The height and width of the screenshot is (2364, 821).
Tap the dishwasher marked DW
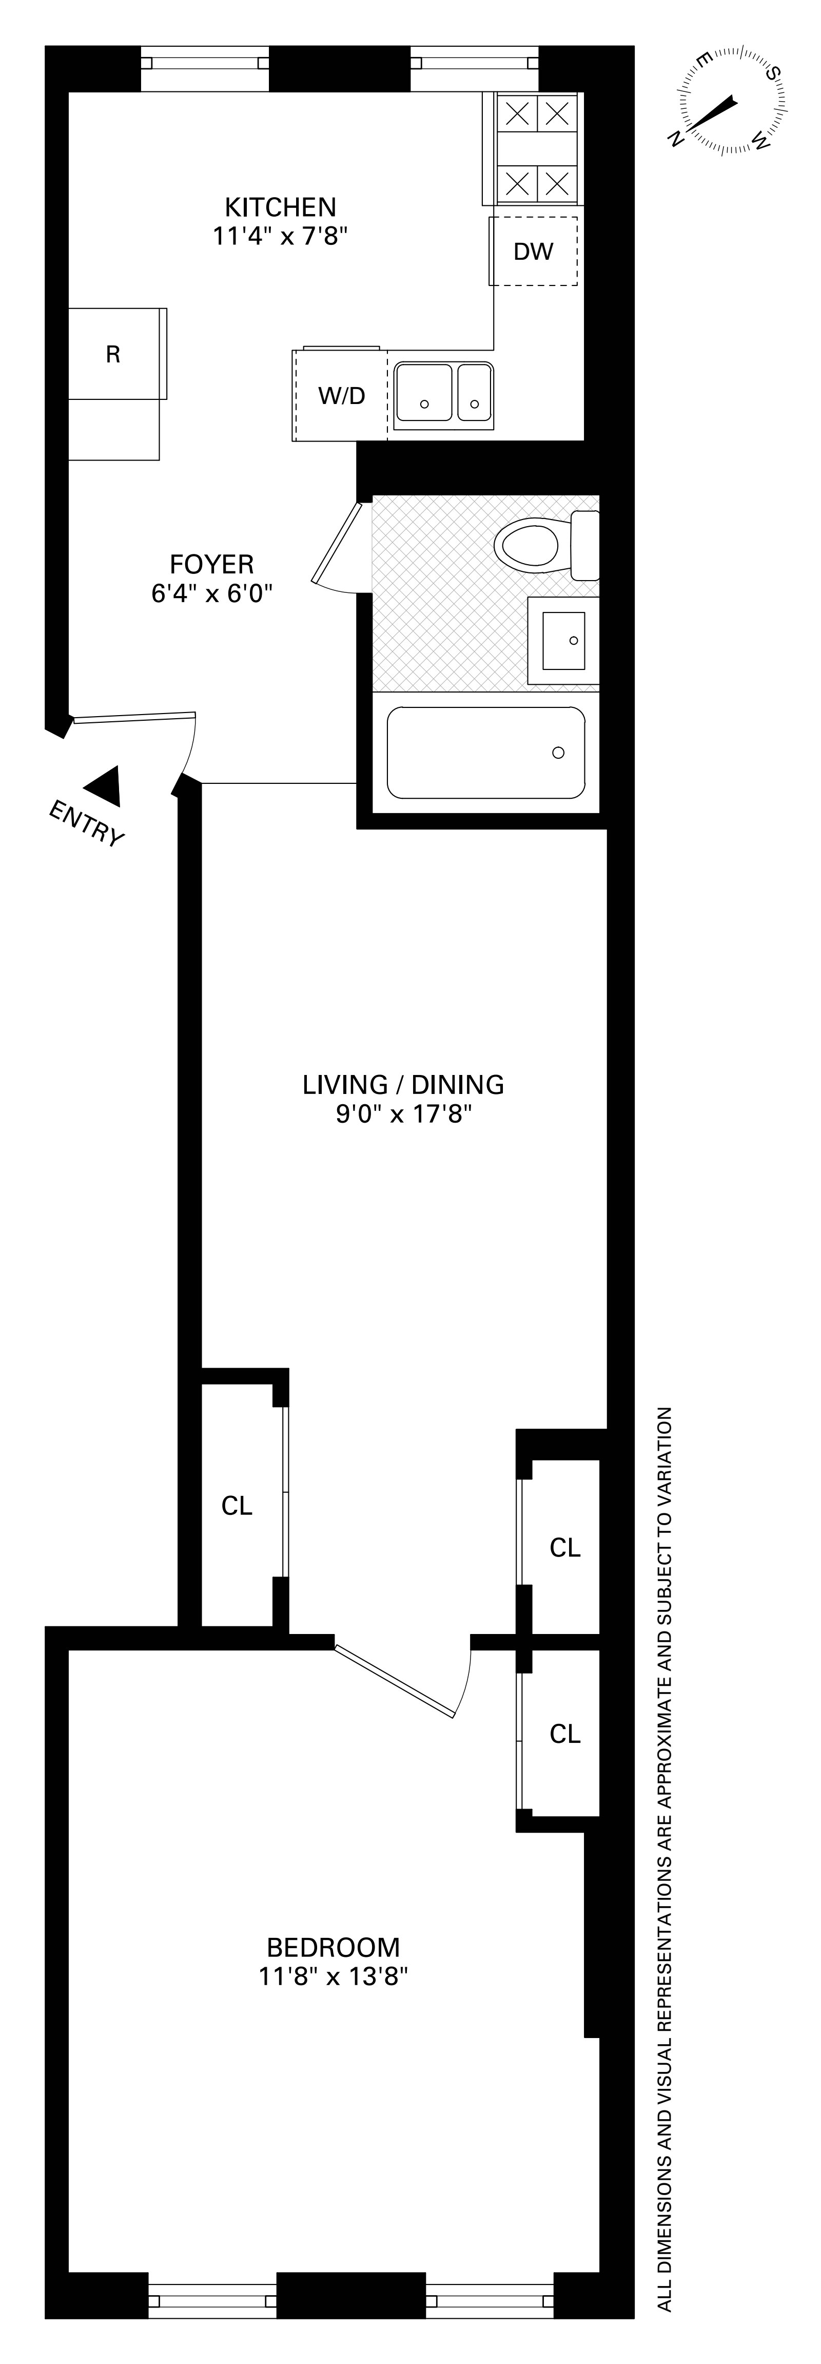533,251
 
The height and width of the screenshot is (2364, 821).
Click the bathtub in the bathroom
485,753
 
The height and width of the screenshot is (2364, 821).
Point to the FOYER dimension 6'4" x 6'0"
212,593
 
